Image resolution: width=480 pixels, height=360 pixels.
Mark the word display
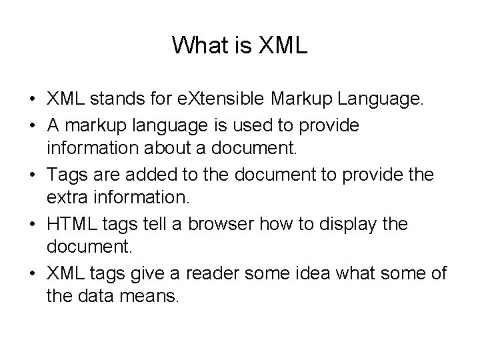coord(353,222)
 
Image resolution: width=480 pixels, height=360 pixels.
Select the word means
coord(152,295)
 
